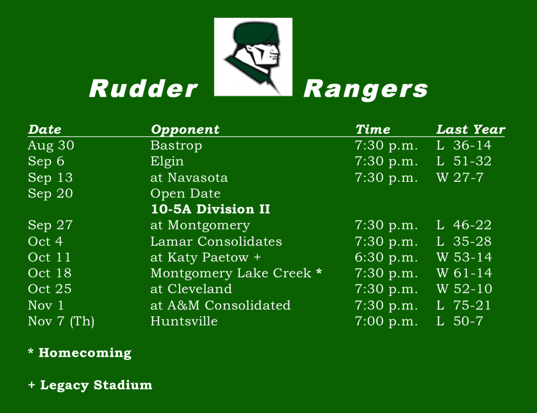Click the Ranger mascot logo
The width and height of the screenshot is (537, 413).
click(253, 57)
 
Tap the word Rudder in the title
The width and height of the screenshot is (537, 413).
click(143, 89)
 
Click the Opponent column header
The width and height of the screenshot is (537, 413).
click(185, 130)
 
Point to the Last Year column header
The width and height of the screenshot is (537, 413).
click(470, 129)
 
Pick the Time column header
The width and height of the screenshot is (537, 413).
click(373, 129)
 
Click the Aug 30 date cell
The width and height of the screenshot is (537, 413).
click(51, 145)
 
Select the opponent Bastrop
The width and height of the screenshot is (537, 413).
click(176, 145)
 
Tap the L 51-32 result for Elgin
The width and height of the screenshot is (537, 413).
click(463, 161)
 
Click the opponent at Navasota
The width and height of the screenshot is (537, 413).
click(189, 177)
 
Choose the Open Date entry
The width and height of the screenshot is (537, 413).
click(185, 193)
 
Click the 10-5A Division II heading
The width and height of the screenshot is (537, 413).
click(210, 209)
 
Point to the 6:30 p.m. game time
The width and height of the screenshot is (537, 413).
click(386, 257)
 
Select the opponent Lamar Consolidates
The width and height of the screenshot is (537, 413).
click(216, 242)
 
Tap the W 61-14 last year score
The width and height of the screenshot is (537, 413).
click(464, 273)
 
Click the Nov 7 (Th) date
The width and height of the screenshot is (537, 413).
click(61, 321)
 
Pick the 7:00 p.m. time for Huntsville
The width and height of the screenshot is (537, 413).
click(386, 321)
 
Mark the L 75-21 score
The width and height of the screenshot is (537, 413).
click(463, 305)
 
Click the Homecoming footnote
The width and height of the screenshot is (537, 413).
click(80, 353)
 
